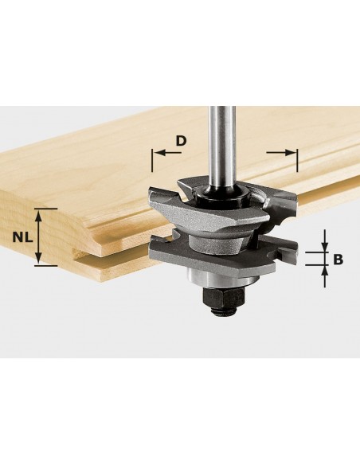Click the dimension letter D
tap(181, 141)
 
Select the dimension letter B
tap(338, 260)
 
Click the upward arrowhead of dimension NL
tap(37, 216)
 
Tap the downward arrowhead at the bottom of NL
tap(37, 257)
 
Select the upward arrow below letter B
tap(325, 276)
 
